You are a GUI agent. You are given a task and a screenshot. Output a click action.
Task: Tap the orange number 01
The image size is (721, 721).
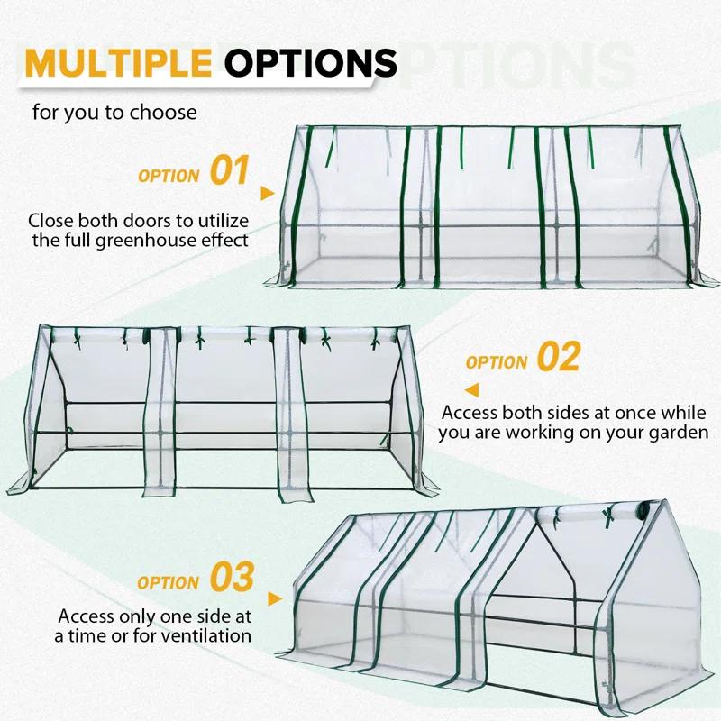tap(229, 170)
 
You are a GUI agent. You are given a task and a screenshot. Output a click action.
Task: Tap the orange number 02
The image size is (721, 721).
tap(558, 358)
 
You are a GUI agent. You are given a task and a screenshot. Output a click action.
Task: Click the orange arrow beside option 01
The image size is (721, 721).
tap(266, 193)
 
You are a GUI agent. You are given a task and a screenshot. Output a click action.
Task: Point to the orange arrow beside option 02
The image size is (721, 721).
tap(471, 389)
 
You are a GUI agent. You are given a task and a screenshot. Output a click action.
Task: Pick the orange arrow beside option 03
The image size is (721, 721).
tap(275, 598)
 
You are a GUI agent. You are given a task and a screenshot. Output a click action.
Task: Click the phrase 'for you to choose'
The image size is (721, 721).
tap(114, 113)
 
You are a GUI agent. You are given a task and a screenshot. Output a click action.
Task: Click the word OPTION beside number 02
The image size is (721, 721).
tap(497, 362)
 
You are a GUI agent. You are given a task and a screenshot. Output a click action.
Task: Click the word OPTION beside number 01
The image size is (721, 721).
tap(169, 175)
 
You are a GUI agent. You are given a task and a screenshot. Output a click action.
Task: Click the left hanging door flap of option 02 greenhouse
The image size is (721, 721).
tap(161, 415)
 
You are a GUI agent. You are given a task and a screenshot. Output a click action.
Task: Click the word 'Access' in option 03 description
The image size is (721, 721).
tap(88, 616)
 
